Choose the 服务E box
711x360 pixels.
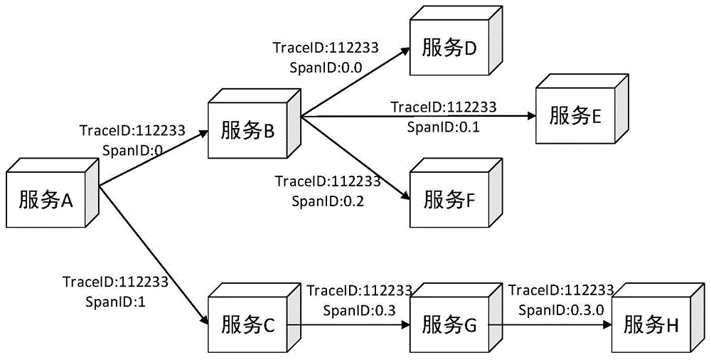575,115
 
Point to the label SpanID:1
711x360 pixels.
114,301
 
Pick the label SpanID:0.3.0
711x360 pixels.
561,309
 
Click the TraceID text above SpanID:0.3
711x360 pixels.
359,290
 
